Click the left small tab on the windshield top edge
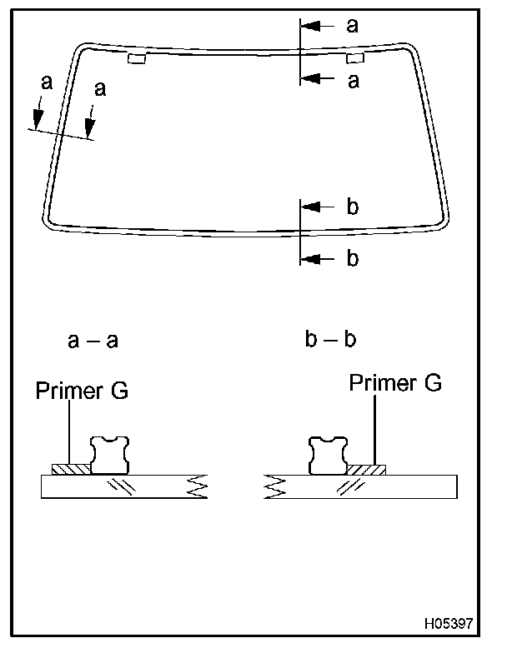pyautogui.click(x=137, y=58)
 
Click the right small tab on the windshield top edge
pyautogui.click(x=354, y=58)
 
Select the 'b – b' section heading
pyautogui.click(x=330, y=340)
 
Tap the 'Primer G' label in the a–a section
pyautogui.click(x=82, y=391)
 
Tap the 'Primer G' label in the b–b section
pyautogui.click(x=395, y=383)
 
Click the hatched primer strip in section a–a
pyautogui.click(x=70, y=469)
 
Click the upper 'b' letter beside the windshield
pyautogui.click(x=352, y=207)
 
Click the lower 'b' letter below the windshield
pyautogui.click(x=352, y=259)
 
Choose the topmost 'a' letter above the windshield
pyautogui.click(x=352, y=25)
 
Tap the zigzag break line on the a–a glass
pyautogui.click(x=197, y=486)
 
